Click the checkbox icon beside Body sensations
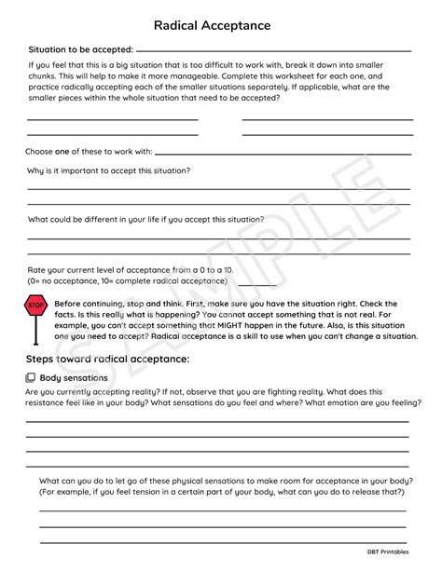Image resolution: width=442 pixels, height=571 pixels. pyautogui.click(x=31, y=378)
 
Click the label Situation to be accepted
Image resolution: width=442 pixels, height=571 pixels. pyautogui.click(x=80, y=48)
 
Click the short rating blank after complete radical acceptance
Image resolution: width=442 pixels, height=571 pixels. pyautogui.click(x=257, y=283)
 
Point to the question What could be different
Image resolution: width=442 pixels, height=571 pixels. pyautogui.click(x=145, y=220)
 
